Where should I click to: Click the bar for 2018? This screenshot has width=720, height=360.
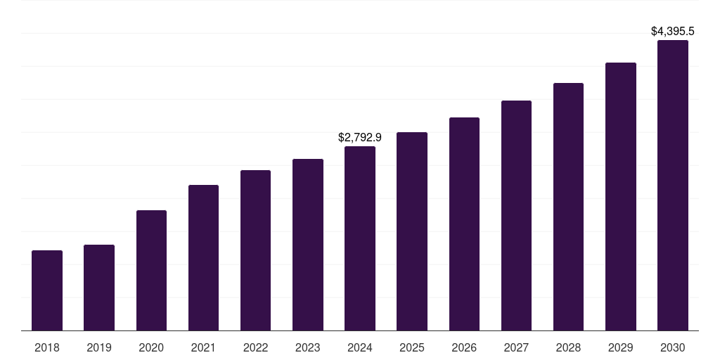47,290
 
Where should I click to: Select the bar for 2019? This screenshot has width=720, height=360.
99,288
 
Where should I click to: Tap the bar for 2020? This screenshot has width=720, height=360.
151,271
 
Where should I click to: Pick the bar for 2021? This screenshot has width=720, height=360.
203,258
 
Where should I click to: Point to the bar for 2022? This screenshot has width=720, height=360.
255,250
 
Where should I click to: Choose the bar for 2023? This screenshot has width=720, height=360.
308,245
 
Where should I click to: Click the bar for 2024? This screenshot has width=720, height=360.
360,238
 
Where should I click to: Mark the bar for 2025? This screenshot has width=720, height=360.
412,231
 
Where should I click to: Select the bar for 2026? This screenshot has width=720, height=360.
464,224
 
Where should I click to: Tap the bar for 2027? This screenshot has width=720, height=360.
516,216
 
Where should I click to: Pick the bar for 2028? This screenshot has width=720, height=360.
568,207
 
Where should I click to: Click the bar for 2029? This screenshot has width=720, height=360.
621,197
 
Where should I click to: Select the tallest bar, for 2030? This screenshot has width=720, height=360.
673,186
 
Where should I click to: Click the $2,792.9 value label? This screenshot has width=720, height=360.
360,137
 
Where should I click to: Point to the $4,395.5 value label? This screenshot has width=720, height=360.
673,31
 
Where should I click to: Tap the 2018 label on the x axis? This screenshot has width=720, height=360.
47,347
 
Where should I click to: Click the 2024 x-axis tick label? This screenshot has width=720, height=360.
360,347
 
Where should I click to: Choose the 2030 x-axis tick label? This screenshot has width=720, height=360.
673,347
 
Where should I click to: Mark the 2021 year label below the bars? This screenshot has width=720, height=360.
203,347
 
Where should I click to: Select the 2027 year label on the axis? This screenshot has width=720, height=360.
516,347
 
